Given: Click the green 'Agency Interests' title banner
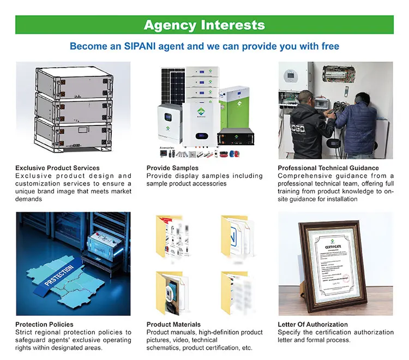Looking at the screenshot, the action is click(x=204, y=25).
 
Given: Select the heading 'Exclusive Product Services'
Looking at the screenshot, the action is click(x=57, y=168).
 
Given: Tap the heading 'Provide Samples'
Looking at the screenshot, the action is click(x=172, y=168).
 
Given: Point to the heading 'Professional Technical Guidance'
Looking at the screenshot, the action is click(x=328, y=168).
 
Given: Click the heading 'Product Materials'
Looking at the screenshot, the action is click(x=173, y=325).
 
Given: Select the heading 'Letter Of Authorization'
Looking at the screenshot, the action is click(x=312, y=325).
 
